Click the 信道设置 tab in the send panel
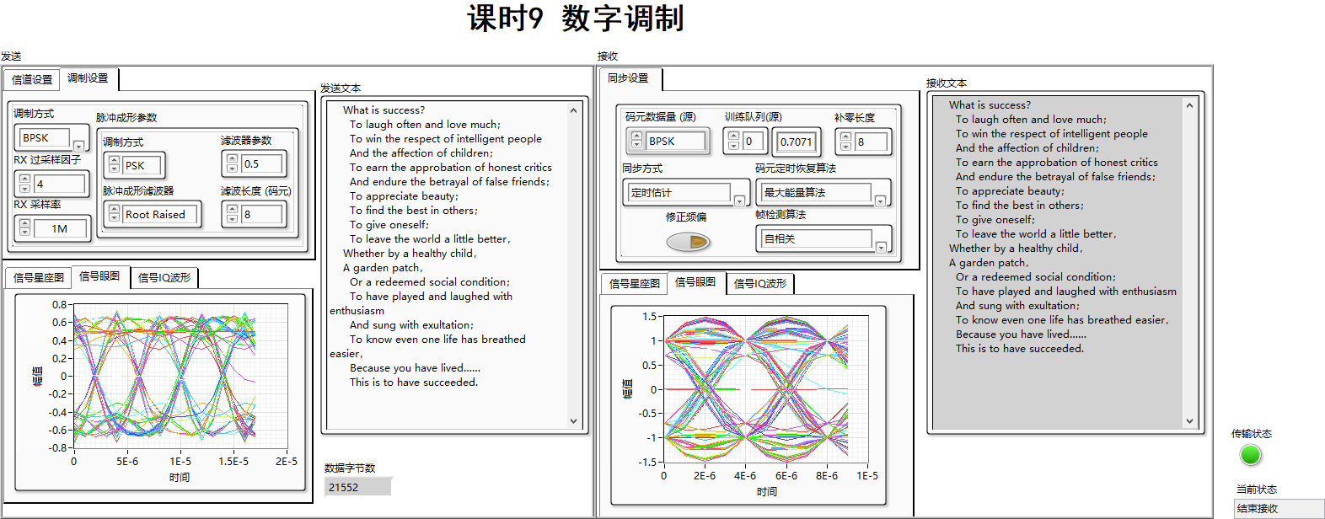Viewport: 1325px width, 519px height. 32,79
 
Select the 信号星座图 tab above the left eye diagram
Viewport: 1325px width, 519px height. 39,277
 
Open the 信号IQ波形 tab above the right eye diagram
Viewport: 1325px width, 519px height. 760,284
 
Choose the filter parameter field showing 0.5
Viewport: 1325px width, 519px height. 262,163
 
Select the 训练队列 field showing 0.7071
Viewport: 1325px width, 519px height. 796,142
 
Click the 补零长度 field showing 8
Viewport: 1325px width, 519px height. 870,142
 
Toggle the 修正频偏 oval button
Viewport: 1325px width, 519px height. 688,242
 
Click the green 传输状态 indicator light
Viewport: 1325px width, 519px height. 1251,455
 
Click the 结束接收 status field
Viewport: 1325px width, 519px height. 1278,508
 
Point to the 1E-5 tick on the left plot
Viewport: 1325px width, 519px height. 180,462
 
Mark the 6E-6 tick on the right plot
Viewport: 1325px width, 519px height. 786,476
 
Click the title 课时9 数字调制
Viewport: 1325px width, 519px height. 576,19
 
